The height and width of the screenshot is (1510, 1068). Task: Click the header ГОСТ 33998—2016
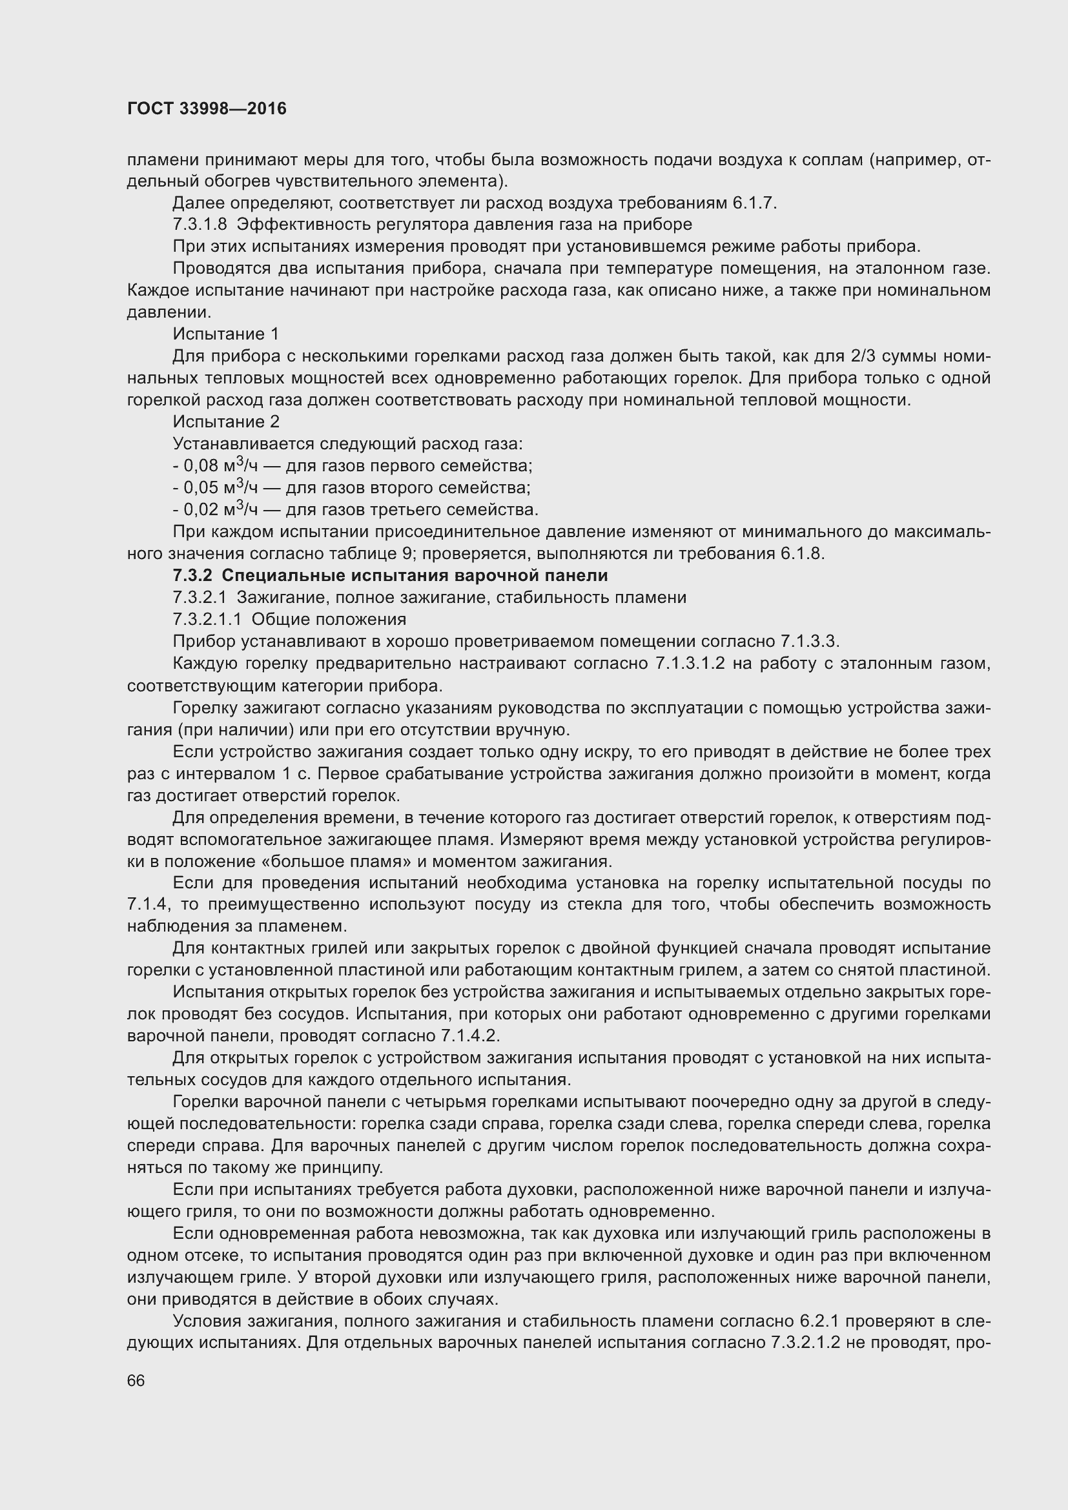[x=207, y=109]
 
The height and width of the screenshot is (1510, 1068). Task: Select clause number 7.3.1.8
[x=200, y=225]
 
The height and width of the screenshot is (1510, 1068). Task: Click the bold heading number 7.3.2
[x=192, y=575]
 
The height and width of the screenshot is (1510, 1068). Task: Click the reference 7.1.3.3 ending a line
[x=810, y=641]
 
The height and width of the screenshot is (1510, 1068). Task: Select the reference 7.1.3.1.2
[x=690, y=664]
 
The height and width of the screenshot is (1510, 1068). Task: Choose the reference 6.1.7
[x=754, y=203]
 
